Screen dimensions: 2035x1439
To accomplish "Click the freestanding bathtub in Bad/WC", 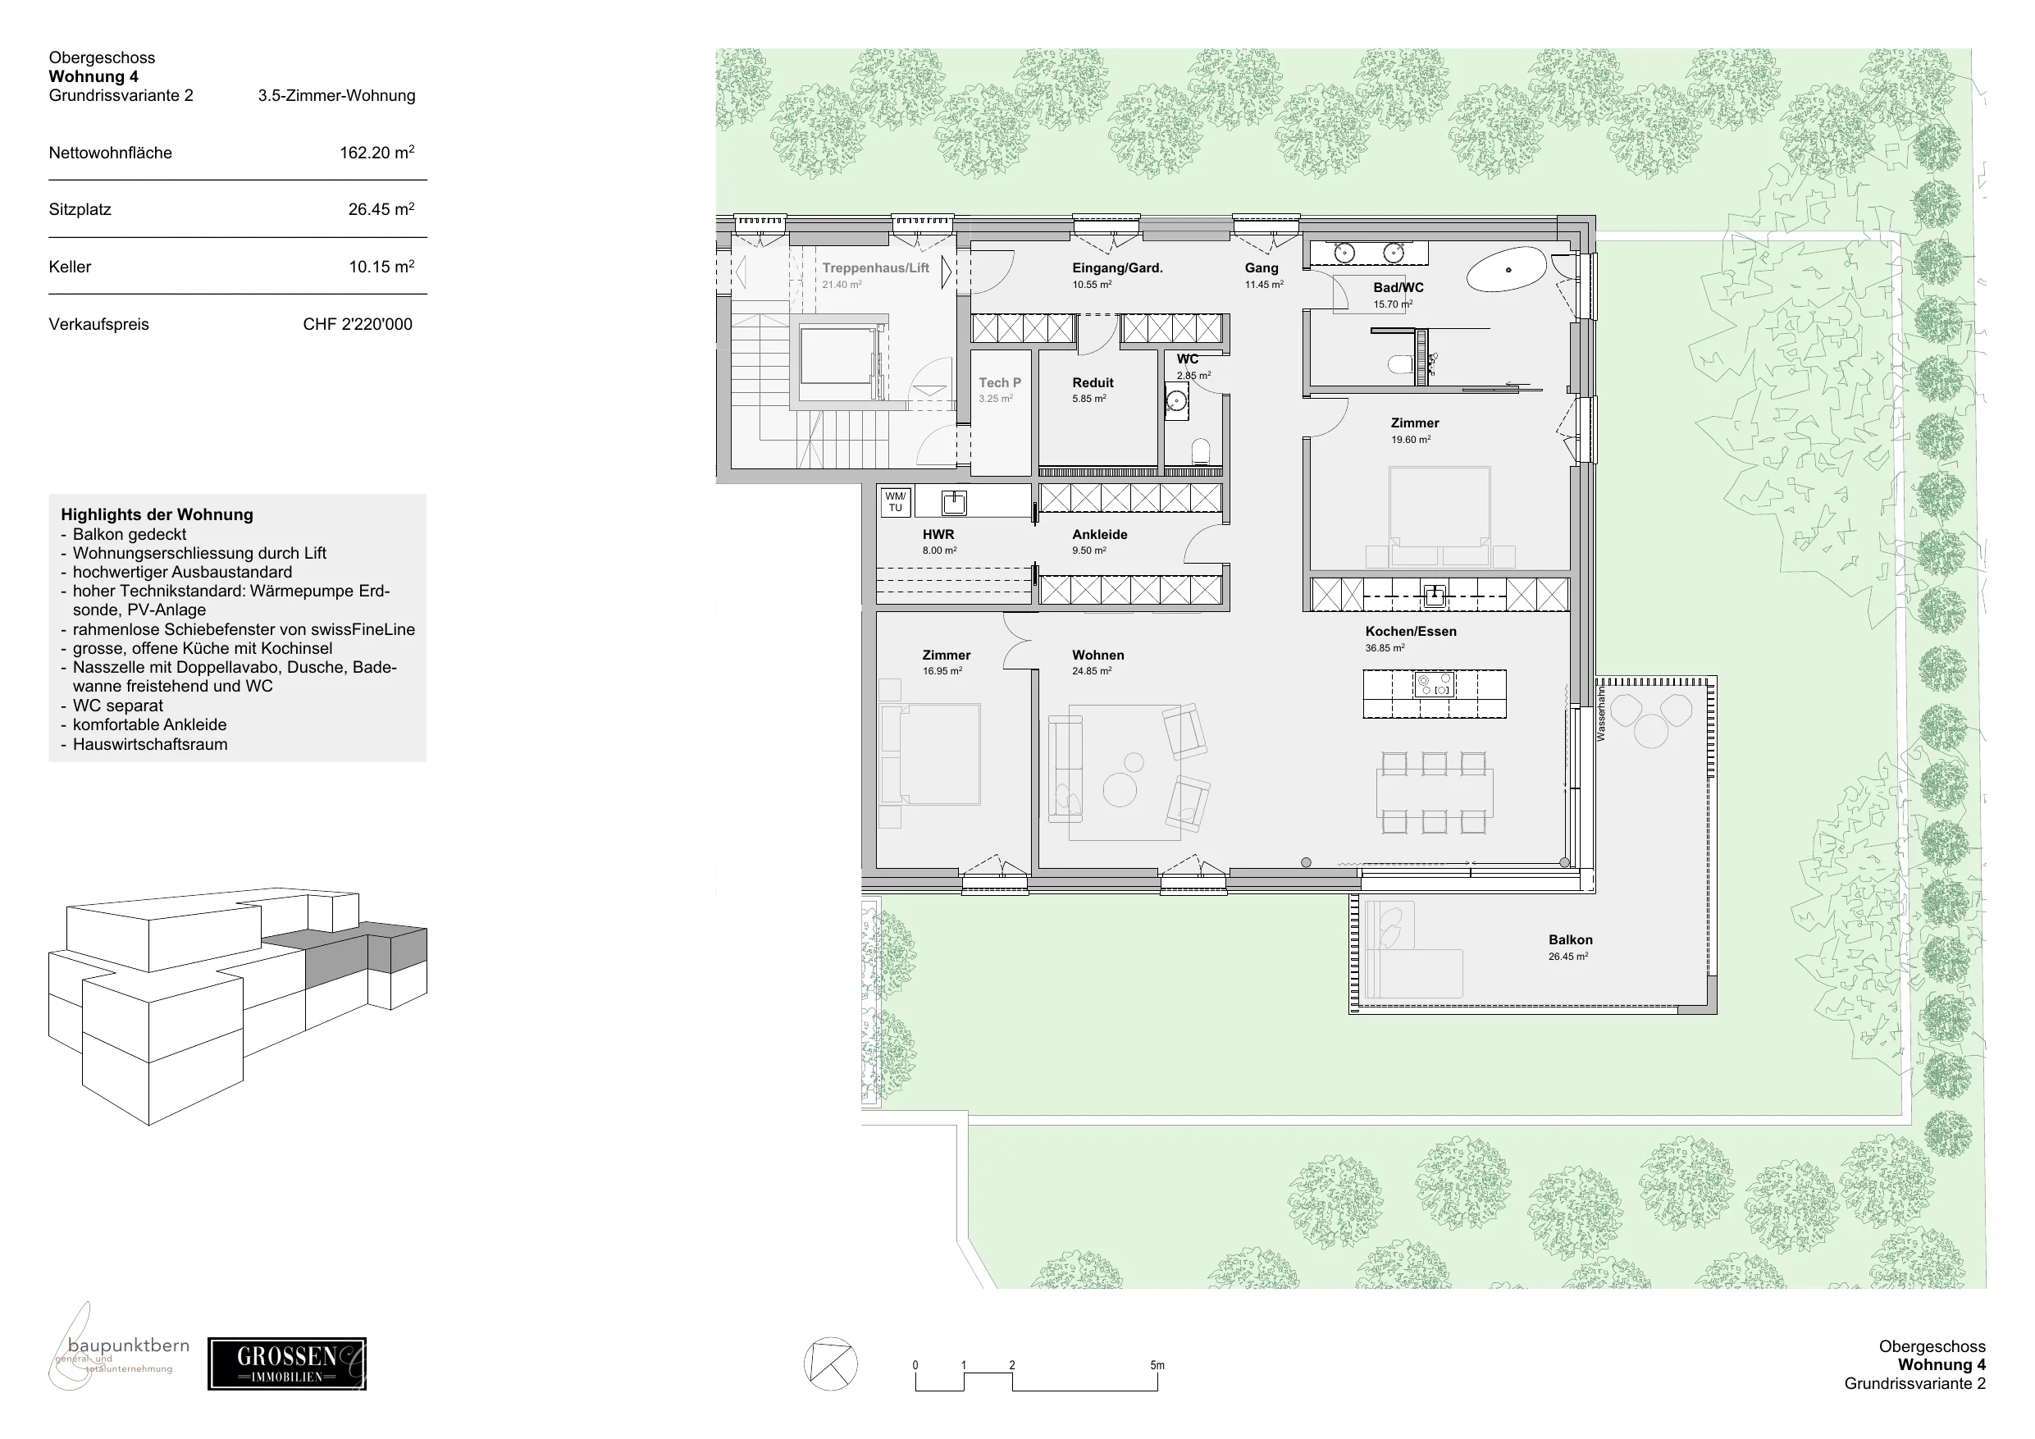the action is (x=1507, y=270).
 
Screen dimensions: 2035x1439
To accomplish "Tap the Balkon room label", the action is (x=1571, y=940).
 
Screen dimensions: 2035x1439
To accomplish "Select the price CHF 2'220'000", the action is (x=357, y=325).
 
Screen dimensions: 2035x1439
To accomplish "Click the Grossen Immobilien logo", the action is (x=286, y=1364).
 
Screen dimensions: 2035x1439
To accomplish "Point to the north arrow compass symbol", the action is (x=830, y=1364).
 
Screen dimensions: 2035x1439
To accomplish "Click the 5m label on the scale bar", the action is (x=1157, y=1365).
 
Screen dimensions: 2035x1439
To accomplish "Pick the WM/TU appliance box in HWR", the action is (x=895, y=502).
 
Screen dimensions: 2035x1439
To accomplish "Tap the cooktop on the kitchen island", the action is (x=1434, y=684).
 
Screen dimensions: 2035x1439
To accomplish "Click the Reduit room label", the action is (x=1093, y=383).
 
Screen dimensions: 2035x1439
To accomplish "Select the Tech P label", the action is (x=1000, y=383).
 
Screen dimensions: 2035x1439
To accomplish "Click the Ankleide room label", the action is (x=1100, y=535).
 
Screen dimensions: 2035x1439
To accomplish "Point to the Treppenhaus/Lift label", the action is (x=876, y=267).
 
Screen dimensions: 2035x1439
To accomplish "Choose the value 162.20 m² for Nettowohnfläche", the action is (x=376, y=153).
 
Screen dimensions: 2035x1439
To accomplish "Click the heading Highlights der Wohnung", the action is (x=157, y=514).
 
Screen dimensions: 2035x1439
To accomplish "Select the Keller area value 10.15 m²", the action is (x=381, y=267).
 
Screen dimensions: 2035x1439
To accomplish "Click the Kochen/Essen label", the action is (x=1411, y=631).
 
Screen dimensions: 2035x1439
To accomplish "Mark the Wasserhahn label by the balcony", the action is (x=1602, y=716).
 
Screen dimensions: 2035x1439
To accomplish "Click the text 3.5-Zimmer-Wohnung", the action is (x=337, y=96).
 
